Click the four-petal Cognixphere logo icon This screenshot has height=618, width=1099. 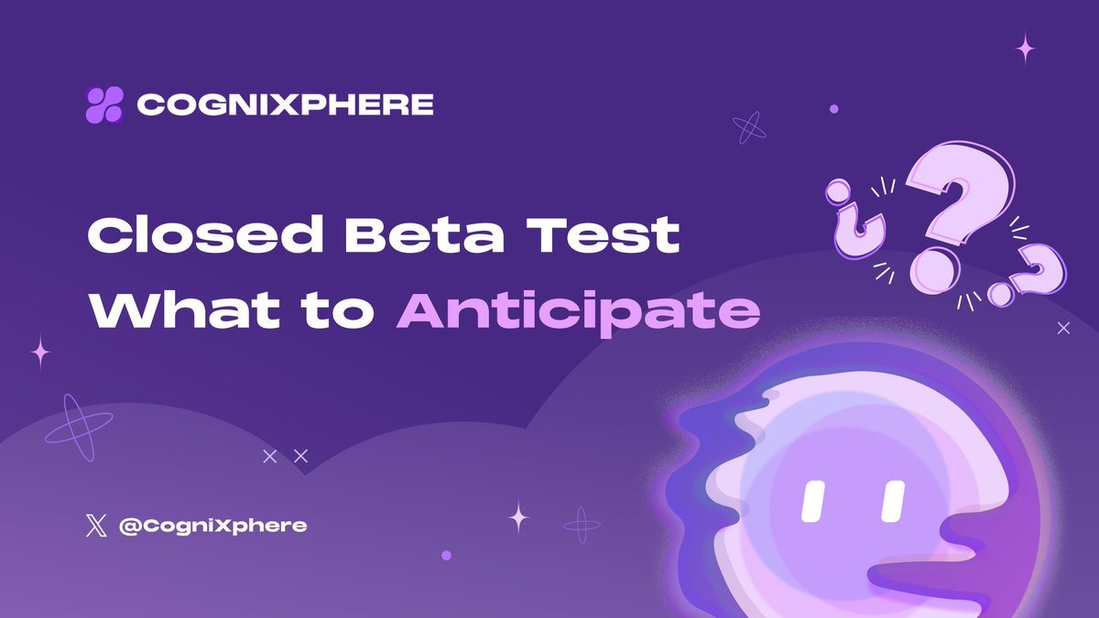pyautogui.click(x=103, y=104)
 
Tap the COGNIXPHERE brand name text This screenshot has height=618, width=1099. pyautogui.click(x=285, y=104)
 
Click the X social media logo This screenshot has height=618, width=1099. pyautogui.click(x=95, y=526)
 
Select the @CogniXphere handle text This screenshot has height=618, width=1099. pyautogui.click(x=213, y=526)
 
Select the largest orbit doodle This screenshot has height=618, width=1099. pyautogui.click(x=79, y=427)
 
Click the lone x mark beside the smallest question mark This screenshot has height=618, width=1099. pyautogui.click(x=1063, y=327)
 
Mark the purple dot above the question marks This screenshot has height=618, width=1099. pyautogui.click(x=833, y=108)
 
